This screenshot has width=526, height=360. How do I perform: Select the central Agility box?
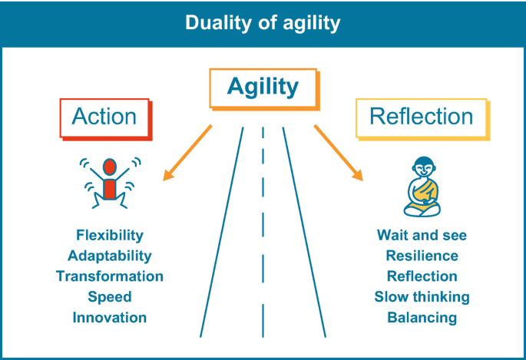(263, 88)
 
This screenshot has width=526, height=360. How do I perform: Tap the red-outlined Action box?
(104, 117)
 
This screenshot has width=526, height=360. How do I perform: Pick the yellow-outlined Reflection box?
(421, 117)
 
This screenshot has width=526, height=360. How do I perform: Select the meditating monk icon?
(422, 187)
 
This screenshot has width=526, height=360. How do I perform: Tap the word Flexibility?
(110, 235)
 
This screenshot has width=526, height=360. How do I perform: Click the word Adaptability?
(110, 256)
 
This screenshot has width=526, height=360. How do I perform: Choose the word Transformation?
(110, 276)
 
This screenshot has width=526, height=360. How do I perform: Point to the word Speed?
(110, 297)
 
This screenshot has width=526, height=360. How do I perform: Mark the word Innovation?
(110, 317)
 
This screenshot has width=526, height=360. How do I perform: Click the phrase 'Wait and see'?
(422, 235)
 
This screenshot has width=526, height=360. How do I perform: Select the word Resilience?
(422, 256)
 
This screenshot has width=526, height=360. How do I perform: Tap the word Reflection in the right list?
(422, 276)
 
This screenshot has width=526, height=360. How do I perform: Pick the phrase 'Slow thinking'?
(422, 297)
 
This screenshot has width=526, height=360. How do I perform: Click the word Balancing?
(422, 317)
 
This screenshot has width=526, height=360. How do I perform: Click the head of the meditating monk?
(422, 167)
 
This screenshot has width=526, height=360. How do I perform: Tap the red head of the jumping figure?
(109, 166)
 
